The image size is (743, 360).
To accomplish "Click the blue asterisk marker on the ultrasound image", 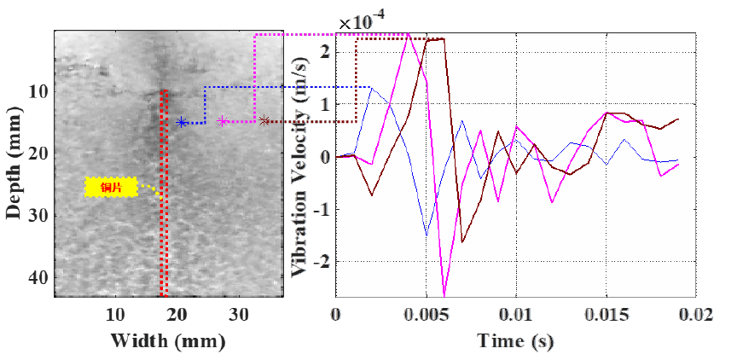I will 182,122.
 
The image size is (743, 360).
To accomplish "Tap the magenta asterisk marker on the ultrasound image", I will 223,121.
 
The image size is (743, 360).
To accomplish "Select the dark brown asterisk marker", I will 264,121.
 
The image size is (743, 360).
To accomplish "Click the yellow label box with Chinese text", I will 112,187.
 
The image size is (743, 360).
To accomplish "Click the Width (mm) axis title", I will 167,342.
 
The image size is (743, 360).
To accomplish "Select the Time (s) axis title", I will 515,342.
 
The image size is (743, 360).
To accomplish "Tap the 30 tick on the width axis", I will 238,314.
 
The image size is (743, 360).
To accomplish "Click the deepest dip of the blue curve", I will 427,234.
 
